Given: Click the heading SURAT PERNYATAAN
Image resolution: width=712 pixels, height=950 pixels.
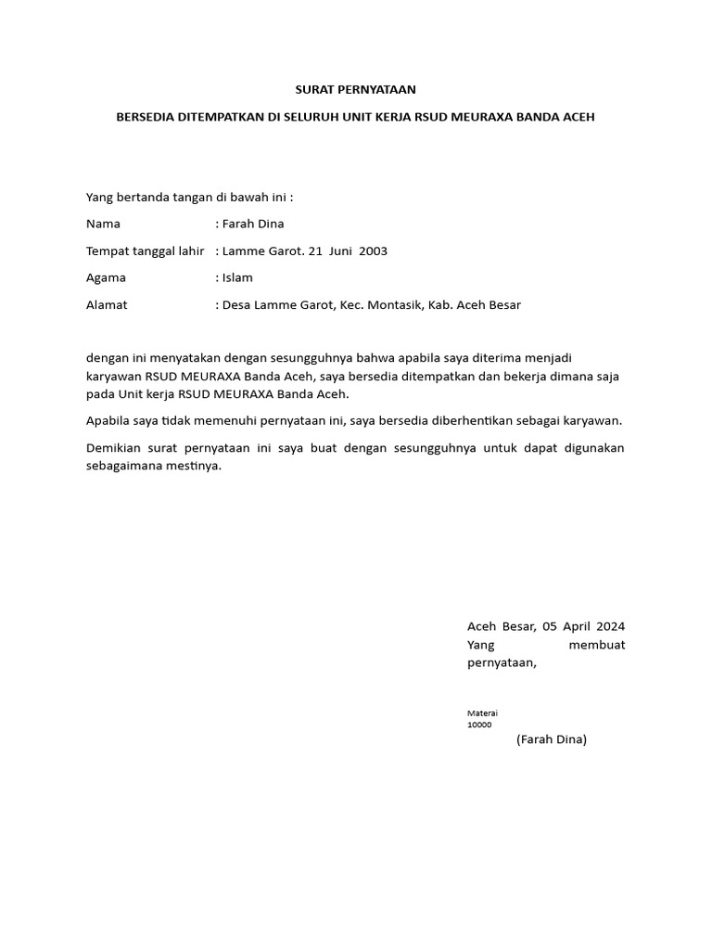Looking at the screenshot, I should pos(356,90).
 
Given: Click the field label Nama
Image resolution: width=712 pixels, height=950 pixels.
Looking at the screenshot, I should pos(103,224).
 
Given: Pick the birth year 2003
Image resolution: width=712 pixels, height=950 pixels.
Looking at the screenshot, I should pos(372,250).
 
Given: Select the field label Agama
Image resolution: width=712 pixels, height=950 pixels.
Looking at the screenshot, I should pos(106,277).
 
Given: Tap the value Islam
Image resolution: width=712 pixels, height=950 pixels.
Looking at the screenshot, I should pos(237,277).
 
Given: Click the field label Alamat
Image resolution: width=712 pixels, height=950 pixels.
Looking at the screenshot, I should pos(107,304).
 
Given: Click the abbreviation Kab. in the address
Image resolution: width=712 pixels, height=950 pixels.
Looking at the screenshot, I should pos(442,304).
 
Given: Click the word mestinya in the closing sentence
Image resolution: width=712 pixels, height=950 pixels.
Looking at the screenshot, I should pos(193,466).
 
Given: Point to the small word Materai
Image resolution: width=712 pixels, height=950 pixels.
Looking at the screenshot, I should pos(482,713).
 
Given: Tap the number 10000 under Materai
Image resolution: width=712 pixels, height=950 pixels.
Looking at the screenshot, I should pos(480,725).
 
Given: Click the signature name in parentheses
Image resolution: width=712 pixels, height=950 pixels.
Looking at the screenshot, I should pos(552,739).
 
